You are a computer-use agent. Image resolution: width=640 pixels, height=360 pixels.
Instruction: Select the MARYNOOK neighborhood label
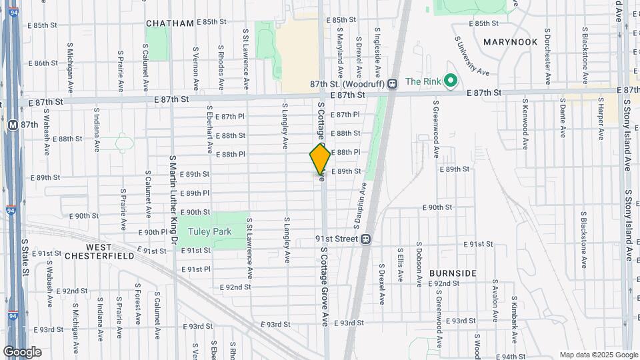[x=510, y=42]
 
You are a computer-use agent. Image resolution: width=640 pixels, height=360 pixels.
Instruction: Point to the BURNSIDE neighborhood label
[x=453, y=273]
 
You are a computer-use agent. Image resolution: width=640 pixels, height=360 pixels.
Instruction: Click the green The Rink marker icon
[x=450, y=81]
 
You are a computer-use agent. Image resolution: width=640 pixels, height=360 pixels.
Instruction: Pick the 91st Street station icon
[x=366, y=239]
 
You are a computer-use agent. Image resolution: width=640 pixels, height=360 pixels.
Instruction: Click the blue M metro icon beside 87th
[x=12, y=125]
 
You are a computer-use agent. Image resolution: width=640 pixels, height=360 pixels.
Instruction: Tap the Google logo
[x=22, y=351]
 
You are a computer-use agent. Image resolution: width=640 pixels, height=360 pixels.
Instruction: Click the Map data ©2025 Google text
[x=598, y=355]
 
